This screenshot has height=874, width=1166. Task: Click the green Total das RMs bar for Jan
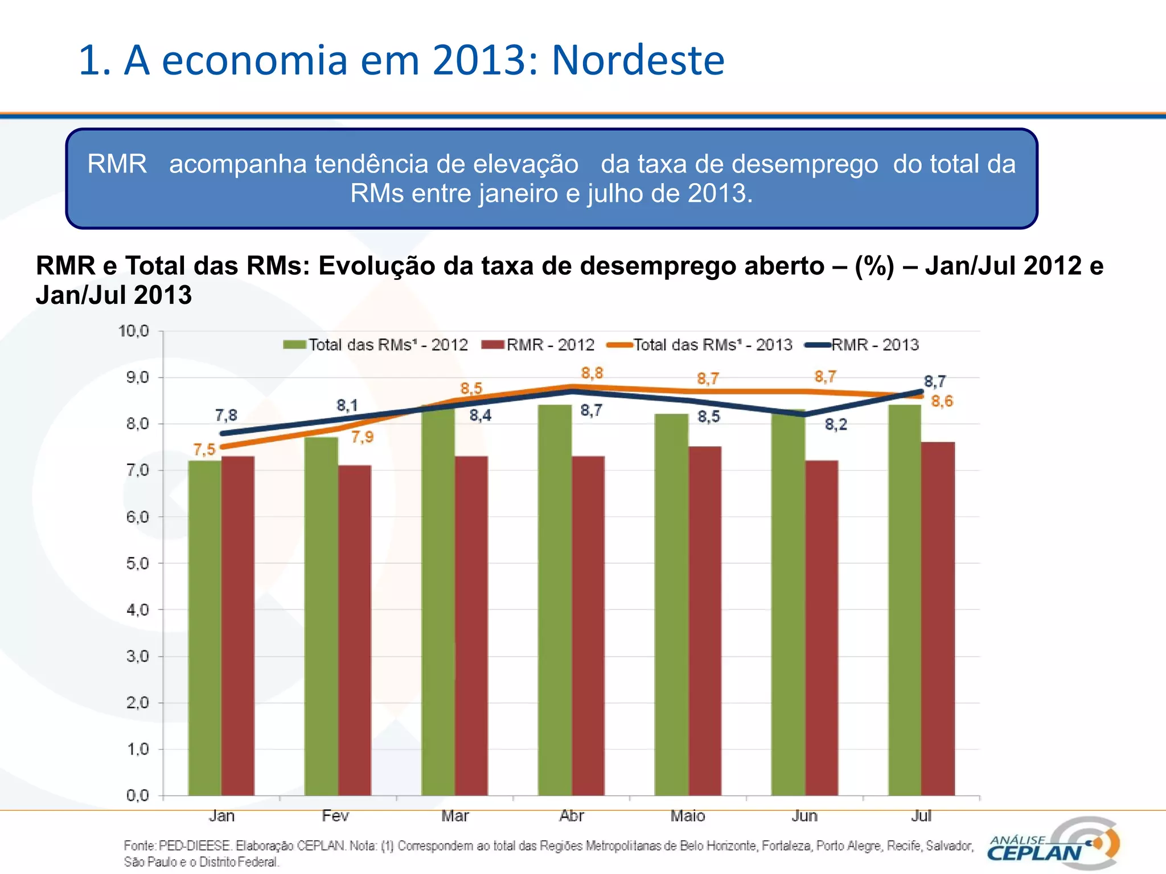(x=204, y=626)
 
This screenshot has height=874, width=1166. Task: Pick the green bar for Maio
(x=671, y=603)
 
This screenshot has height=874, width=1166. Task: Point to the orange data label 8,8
(x=592, y=373)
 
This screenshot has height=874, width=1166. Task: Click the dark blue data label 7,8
(x=226, y=415)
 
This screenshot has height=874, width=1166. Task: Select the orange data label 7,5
(x=204, y=450)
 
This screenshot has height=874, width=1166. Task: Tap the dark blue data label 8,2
(x=836, y=424)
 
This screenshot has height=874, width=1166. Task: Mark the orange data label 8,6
(x=942, y=401)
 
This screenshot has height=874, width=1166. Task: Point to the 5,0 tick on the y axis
(x=137, y=563)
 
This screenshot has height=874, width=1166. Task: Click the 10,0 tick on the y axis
(x=134, y=331)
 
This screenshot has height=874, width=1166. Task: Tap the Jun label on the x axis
(x=804, y=816)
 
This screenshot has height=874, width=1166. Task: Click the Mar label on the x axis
(x=454, y=816)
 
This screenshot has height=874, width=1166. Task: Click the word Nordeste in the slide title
(x=638, y=60)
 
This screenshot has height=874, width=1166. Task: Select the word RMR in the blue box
(x=117, y=164)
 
